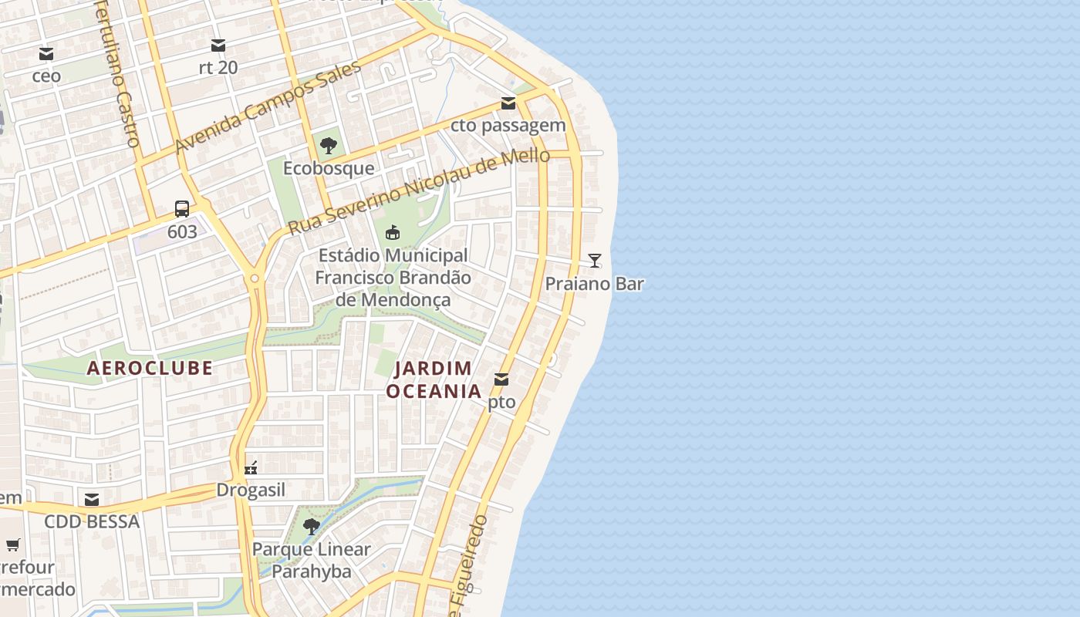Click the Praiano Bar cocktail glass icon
click(x=594, y=260)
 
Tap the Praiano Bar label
click(x=594, y=284)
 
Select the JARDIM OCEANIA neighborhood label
click(x=434, y=379)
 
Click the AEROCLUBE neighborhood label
click(x=150, y=368)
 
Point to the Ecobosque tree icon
click(x=329, y=145)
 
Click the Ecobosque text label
click(x=329, y=168)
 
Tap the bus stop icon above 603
click(x=182, y=209)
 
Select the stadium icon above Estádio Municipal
click(x=393, y=232)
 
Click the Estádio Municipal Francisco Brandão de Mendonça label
click(x=393, y=277)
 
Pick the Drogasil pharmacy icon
click(x=251, y=467)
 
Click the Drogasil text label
click(x=251, y=490)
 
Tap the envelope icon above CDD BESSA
click(x=92, y=499)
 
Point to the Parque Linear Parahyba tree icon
click(x=312, y=527)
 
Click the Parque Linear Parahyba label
click(x=312, y=561)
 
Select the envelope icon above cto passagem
click(x=508, y=103)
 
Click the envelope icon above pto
click(x=501, y=379)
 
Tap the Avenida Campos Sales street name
click(x=268, y=108)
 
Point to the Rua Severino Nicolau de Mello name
click(x=419, y=191)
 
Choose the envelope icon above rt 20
click(x=218, y=46)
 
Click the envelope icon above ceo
click(x=46, y=54)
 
